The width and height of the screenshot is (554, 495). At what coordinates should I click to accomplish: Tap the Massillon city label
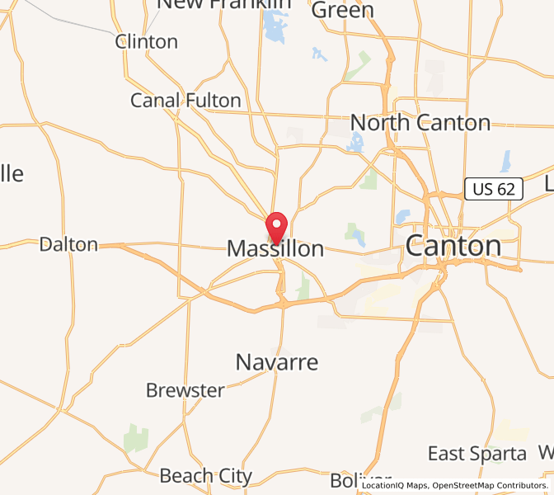point(275,248)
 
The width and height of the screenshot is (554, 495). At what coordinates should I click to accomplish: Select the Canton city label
point(453,246)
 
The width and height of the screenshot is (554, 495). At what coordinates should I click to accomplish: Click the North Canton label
point(420,123)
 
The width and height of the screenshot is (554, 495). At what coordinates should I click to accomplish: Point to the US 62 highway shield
point(494,189)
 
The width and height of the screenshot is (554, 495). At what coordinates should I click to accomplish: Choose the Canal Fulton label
point(185,101)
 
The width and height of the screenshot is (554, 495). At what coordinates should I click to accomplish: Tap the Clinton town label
point(147,41)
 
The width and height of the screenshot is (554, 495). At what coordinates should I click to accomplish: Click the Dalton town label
point(68,244)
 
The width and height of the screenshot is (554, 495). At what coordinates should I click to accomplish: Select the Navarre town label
point(277,361)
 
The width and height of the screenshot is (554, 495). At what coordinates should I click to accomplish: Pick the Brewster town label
point(185,390)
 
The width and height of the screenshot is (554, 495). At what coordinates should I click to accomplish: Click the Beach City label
point(206,476)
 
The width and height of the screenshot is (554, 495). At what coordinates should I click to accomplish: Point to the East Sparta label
point(477,453)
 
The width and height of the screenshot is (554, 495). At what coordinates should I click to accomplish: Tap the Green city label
point(343,10)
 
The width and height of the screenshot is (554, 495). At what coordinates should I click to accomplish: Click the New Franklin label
point(224,4)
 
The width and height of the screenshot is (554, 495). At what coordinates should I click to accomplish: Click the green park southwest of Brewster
point(136,438)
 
